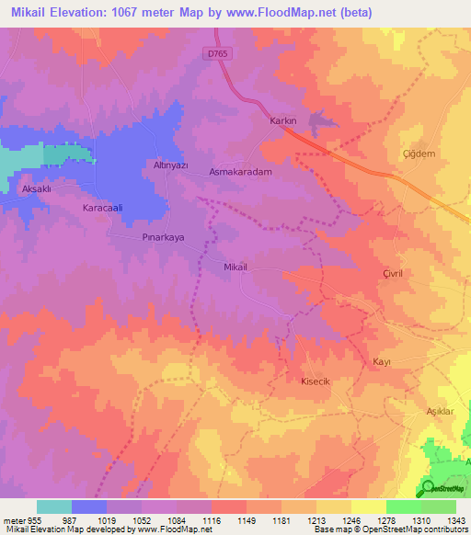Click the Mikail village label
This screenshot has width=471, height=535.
[x=237, y=267]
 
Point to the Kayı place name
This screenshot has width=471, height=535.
[x=382, y=361]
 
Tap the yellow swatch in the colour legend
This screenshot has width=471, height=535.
[x=369, y=507]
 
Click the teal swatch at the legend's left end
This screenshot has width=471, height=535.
[x=54, y=507]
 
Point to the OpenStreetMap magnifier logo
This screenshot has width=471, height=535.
[x=428, y=488]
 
